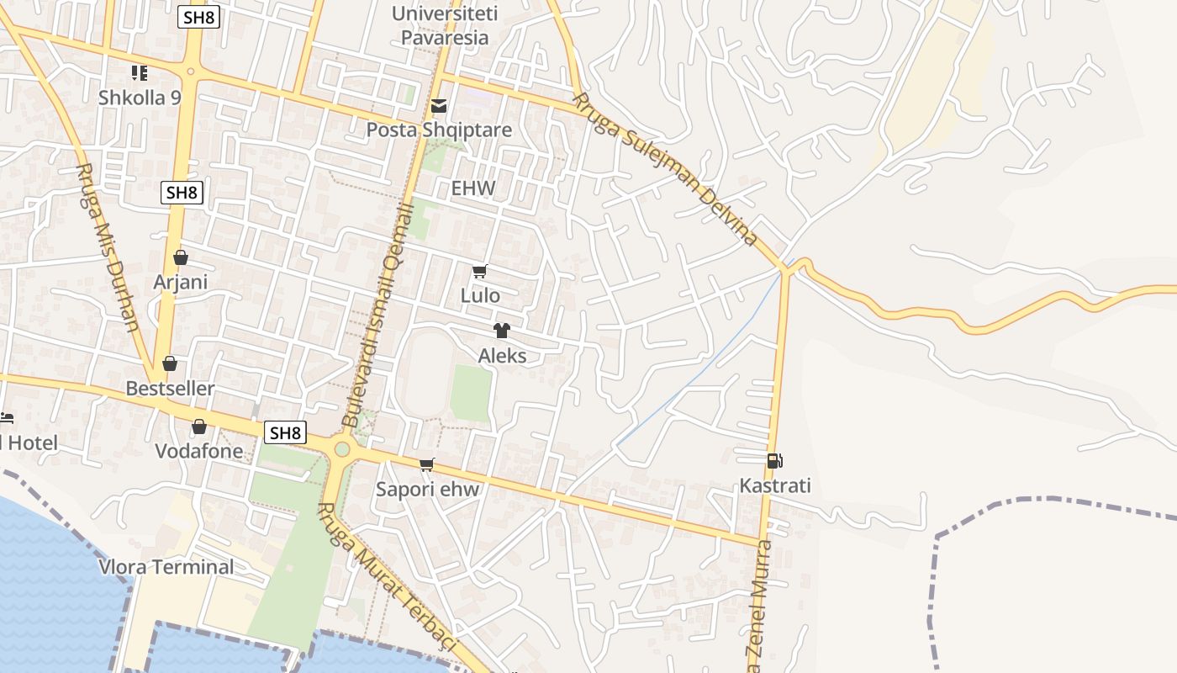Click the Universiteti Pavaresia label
[x=445, y=25]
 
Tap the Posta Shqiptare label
[x=439, y=130]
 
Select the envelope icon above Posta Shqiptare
[x=439, y=106]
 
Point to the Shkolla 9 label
[x=140, y=98]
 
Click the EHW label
[x=473, y=188]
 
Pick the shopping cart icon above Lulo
[x=480, y=271]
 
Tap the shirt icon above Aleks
[x=502, y=331]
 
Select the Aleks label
[x=503, y=356]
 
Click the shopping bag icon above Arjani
[x=180, y=257]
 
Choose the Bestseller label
[x=170, y=389]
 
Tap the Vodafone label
[x=199, y=451]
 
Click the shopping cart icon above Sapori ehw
[x=427, y=464]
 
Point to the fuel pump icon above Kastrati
[x=774, y=461]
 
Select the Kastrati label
[x=775, y=485]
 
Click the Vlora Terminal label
[x=166, y=567]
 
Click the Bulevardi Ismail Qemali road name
[x=379, y=311]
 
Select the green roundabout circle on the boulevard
[x=341, y=448]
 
